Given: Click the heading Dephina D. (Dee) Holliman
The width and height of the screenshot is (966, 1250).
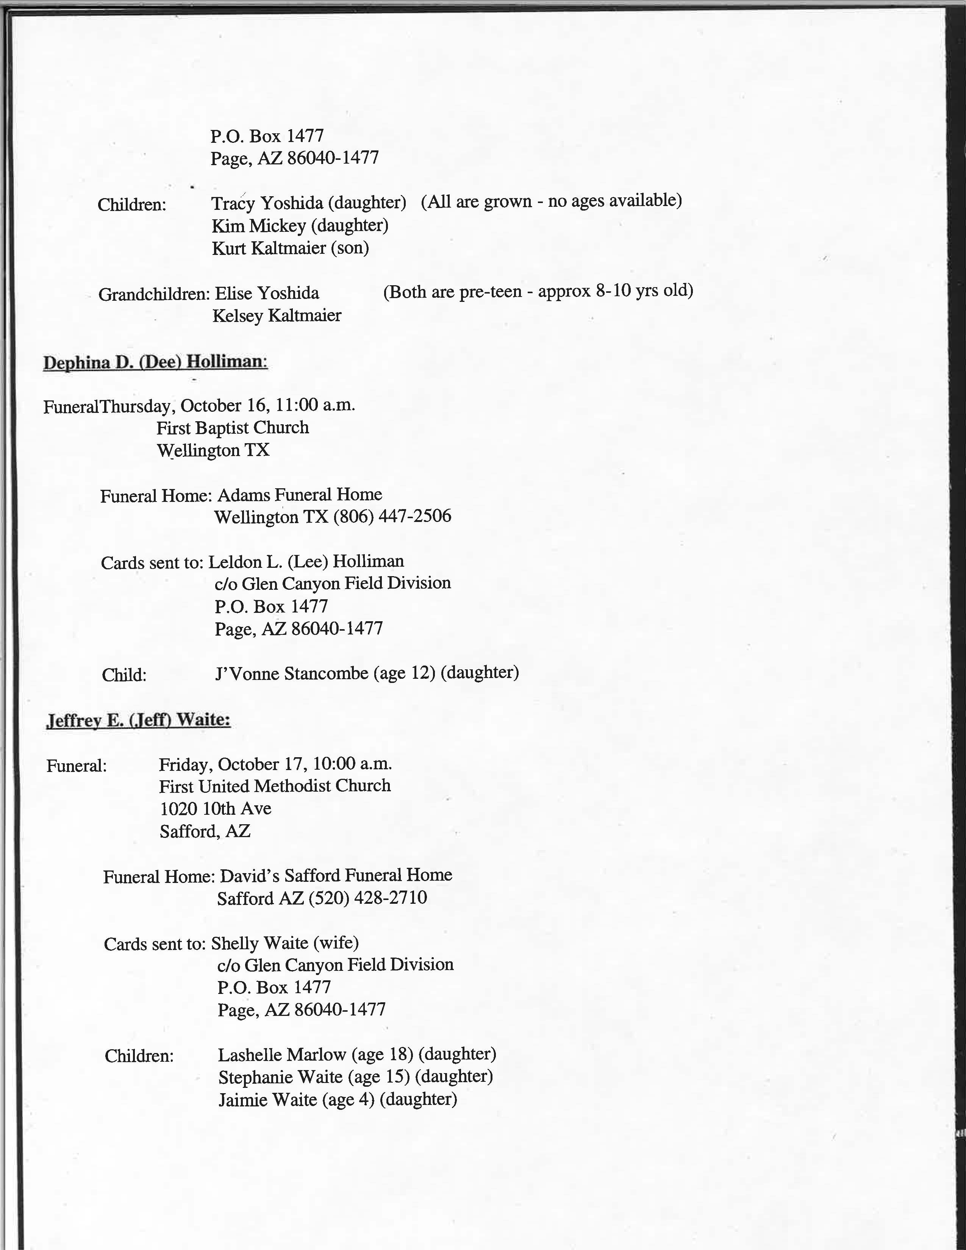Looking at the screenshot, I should click(x=155, y=362).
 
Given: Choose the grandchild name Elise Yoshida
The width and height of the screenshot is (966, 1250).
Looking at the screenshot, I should click(x=267, y=293).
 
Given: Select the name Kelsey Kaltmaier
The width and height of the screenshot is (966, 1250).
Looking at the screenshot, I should click(x=277, y=316).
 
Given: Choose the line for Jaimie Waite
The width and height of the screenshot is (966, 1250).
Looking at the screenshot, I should click(x=338, y=1100).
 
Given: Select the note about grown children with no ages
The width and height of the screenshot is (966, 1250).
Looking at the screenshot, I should click(x=551, y=201).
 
